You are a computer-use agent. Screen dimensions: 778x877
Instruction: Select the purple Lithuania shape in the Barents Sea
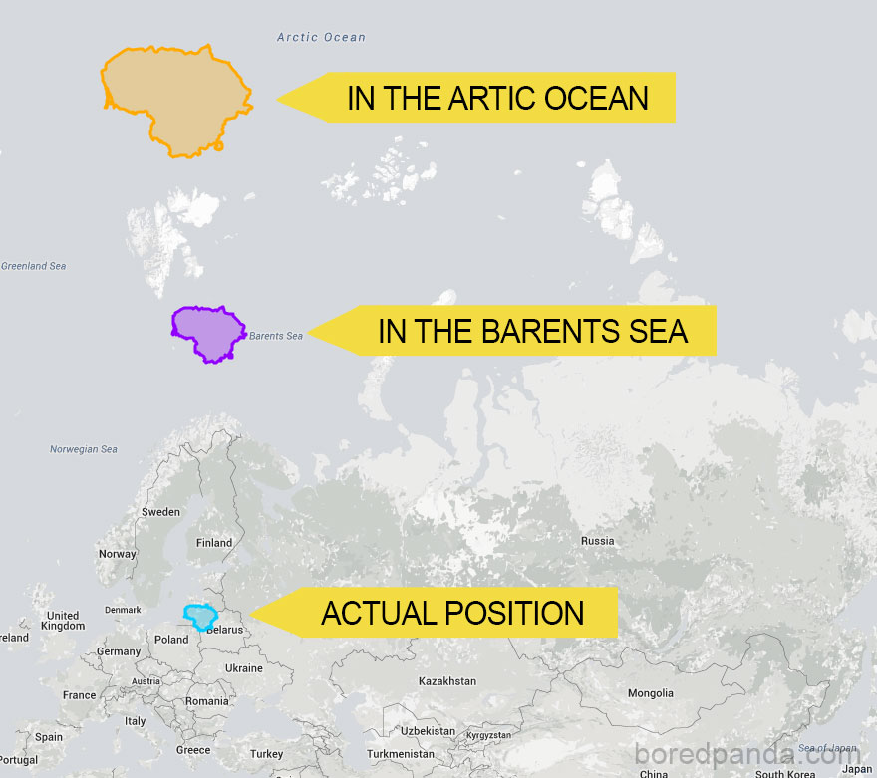pyautogui.click(x=207, y=333)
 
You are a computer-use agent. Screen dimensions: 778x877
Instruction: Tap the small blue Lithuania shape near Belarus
pyautogui.click(x=201, y=617)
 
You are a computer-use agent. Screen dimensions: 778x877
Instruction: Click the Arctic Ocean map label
pyautogui.click(x=321, y=38)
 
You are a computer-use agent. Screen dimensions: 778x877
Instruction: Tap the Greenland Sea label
pyautogui.click(x=33, y=266)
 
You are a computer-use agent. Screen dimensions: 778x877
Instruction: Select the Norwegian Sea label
pyautogui.click(x=84, y=449)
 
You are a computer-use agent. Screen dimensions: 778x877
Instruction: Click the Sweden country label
pyautogui.click(x=160, y=512)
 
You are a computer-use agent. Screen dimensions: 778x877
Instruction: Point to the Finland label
pyautogui.click(x=214, y=543)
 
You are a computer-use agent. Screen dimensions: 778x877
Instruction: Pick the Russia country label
pyautogui.click(x=598, y=541)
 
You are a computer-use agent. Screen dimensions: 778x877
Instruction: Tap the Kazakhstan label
pyautogui.click(x=447, y=681)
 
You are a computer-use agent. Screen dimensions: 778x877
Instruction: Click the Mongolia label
pyautogui.click(x=650, y=693)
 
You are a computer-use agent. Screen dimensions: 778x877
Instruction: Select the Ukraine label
pyautogui.click(x=244, y=668)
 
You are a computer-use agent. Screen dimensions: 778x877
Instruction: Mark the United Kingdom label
pyautogui.click(x=63, y=621)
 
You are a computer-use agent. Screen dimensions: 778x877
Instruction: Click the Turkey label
pyautogui.click(x=267, y=754)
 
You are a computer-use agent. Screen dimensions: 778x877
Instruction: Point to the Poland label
pyautogui.click(x=171, y=640)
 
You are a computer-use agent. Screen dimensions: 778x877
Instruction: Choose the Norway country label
pyautogui.click(x=118, y=554)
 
